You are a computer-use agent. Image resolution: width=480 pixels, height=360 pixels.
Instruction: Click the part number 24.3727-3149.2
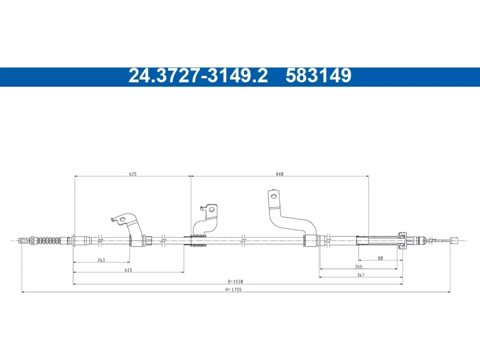(198, 75)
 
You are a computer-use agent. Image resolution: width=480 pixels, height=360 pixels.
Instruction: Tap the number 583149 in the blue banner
(318, 75)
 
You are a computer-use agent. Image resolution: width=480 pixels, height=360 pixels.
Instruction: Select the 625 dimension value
(133, 174)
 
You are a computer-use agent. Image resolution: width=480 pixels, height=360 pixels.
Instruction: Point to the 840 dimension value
(279, 174)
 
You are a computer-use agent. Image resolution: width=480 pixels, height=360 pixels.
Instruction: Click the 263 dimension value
(101, 260)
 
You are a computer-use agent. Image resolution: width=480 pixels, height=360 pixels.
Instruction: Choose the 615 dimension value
(128, 270)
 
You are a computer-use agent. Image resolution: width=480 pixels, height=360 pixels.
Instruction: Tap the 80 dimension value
(380, 258)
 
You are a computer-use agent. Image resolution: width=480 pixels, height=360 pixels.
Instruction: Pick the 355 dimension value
(358, 267)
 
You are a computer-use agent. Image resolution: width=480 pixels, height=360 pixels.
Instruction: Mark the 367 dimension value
(361, 275)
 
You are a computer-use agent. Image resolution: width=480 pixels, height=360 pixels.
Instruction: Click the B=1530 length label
(235, 282)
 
